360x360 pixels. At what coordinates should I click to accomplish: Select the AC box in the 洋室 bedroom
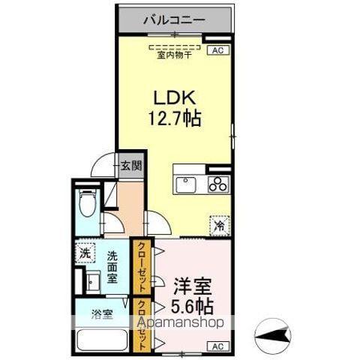click(217, 346)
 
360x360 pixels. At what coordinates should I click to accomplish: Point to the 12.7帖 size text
click(177, 118)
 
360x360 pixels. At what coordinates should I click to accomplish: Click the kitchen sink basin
click(185, 184)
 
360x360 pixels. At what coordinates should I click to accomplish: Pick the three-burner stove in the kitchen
click(217, 184)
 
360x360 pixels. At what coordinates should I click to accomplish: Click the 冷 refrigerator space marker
click(219, 223)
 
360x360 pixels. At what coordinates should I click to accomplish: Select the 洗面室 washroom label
click(113, 267)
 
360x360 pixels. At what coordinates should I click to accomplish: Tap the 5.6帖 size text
click(193, 306)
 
